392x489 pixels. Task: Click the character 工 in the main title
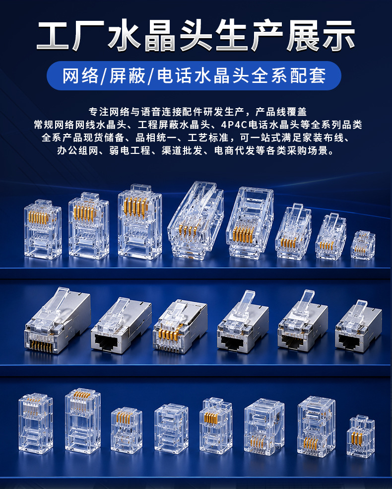pos(53,35)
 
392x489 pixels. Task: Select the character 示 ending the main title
pos(339,35)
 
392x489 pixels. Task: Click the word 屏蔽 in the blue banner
pos(128,75)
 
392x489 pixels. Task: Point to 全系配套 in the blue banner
pos(289,75)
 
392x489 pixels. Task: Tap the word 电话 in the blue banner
pos(175,75)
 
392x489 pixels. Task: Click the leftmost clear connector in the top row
pos(43,229)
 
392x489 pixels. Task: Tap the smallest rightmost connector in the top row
pos(363,245)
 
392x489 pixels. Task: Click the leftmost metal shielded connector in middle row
pos(58,321)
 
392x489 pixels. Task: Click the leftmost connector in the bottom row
pos(36,422)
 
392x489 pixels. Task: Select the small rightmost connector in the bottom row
pos(361,436)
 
